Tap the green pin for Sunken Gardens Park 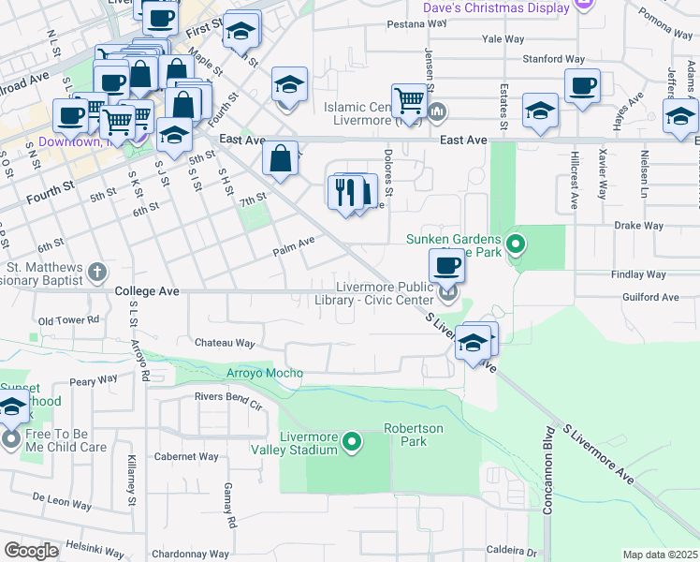(x=514, y=245)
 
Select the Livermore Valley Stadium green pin (x=352, y=441)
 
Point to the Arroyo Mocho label (x=264, y=374)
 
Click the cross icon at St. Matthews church (x=96, y=273)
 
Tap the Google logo (x=31, y=550)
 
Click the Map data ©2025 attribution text (x=660, y=555)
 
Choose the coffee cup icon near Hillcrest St (x=582, y=85)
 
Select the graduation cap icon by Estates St (x=540, y=110)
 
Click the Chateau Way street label (x=225, y=344)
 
